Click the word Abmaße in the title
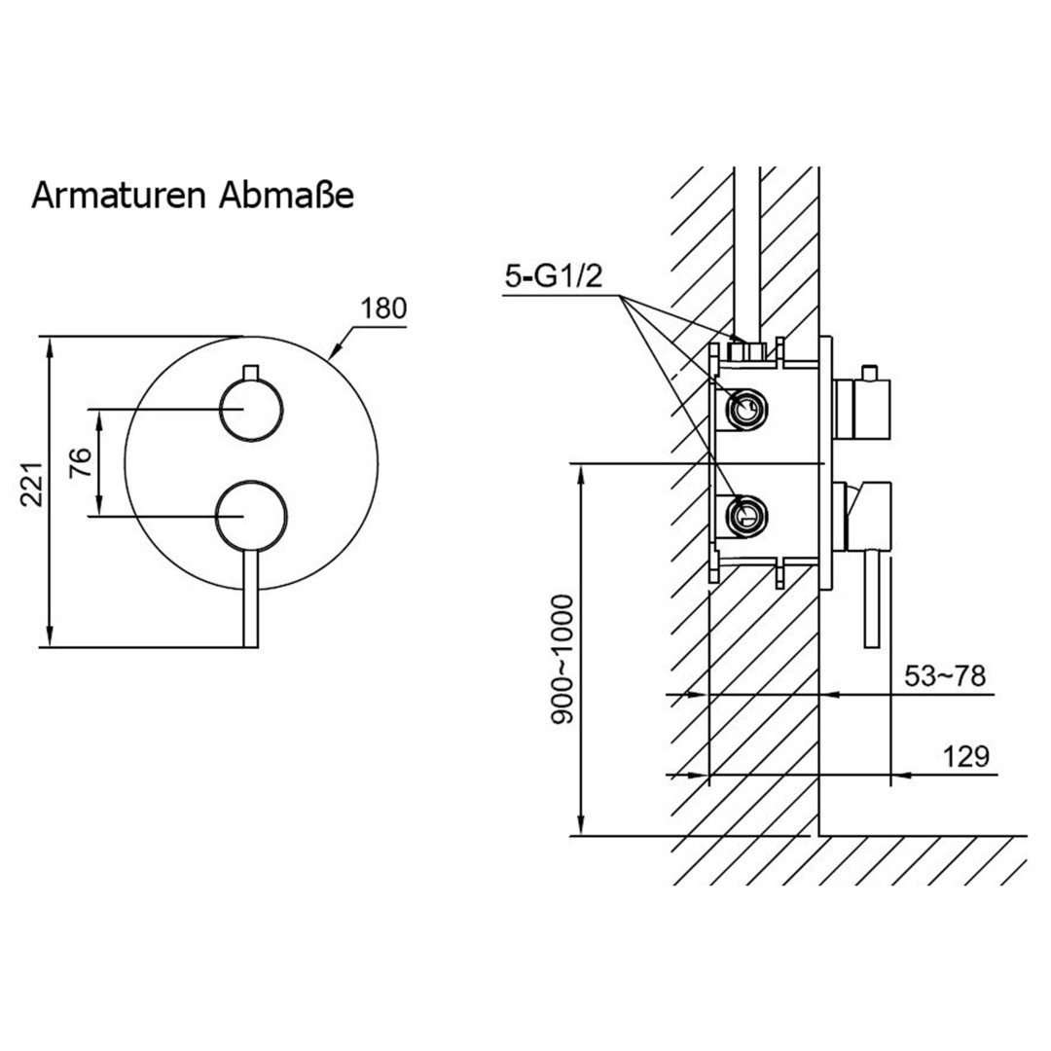tap(286, 196)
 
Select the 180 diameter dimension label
tap(383, 309)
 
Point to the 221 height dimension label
tap(32, 484)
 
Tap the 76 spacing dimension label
tap(81, 462)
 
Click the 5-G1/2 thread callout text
tap(554, 276)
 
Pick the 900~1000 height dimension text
tap(563, 660)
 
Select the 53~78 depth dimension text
tap(945, 676)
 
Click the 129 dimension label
tap(966, 757)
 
